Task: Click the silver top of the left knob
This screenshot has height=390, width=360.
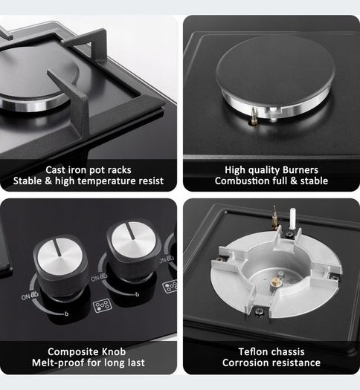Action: (60, 256)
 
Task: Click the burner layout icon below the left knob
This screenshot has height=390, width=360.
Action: (103, 305)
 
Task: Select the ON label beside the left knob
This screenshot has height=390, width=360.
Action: (25, 296)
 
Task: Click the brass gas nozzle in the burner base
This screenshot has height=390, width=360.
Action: (275, 282)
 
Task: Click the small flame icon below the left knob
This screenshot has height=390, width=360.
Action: (66, 314)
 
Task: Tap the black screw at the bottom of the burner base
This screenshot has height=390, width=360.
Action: (260, 311)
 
